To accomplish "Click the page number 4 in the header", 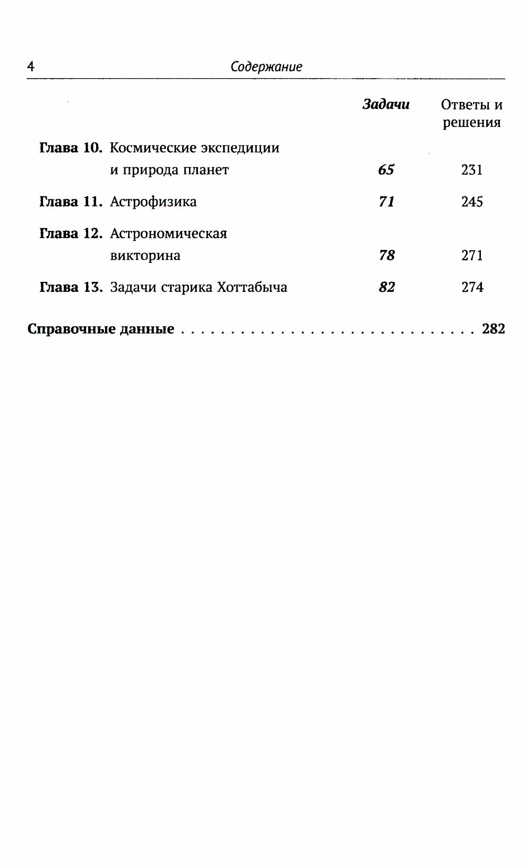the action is pyautogui.click(x=30, y=67).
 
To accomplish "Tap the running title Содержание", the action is pyautogui.click(x=266, y=67).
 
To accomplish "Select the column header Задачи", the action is pyautogui.click(x=386, y=104).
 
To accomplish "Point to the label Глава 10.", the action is pyautogui.click(x=71, y=148).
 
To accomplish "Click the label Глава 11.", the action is pyautogui.click(x=71, y=202).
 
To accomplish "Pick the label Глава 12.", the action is pyautogui.click(x=71, y=234).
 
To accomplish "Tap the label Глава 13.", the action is pyautogui.click(x=71, y=288).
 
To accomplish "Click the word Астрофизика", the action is pyautogui.click(x=153, y=202).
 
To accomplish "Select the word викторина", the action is pyautogui.click(x=145, y=256).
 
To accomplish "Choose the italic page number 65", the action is pyautogui.click(x=386, y=170).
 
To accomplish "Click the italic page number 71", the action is pyautogui.click(x=386, y=202).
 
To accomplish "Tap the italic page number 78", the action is pyautogui.click(x=386, y=256).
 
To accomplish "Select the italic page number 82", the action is pyautogui.click(x=386, y=288).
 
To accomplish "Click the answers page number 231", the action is pyautogui.click(x=471, y=170).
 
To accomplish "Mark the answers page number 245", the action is pyautogui.click(x=472, y=202).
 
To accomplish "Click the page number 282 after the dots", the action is pyautogui.click(x=493, y=329).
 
